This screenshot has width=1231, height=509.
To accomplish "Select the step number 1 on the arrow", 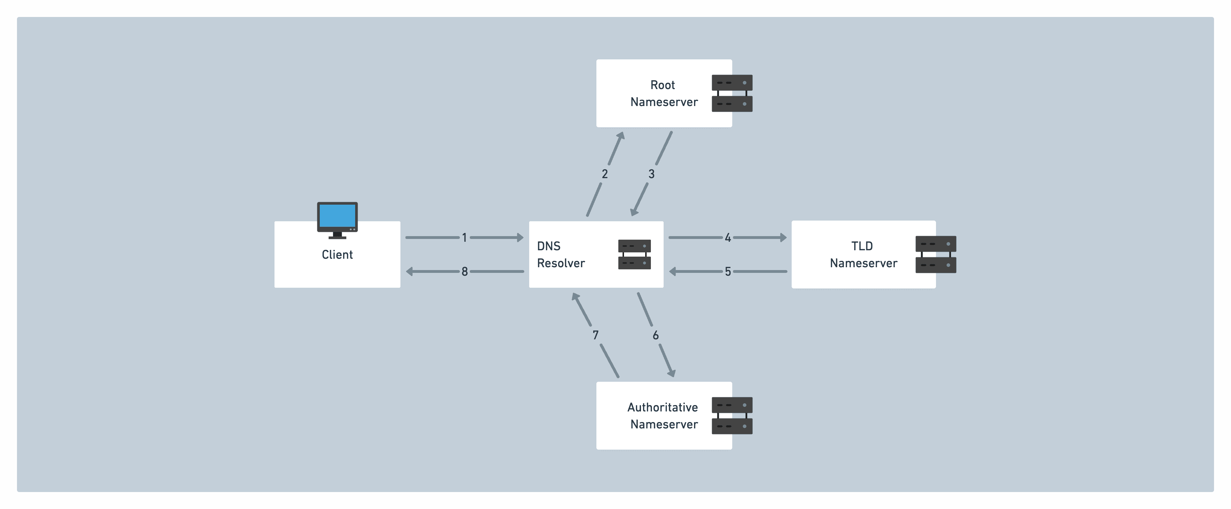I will pos(464,237).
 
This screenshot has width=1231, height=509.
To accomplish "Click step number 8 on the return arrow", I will pos(464,272).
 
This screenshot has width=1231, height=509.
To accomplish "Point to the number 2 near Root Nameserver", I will pos(605,174).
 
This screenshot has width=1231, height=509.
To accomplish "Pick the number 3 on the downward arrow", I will pos(651,174).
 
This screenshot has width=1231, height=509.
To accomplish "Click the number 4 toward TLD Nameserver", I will pos(727,237).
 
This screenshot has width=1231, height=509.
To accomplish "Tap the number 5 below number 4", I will pos(727,272).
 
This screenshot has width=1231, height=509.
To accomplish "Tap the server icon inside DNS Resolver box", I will pos(634,254).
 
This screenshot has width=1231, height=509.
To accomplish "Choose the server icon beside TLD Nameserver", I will pos(935,254).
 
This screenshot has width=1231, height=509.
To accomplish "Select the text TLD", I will pos(862,246).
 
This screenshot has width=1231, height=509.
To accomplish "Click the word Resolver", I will pos(561,263).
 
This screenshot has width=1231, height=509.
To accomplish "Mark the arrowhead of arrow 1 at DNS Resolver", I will pos(520,237).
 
